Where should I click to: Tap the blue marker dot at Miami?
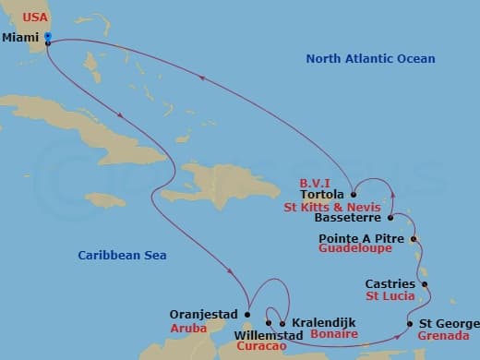[47, 37]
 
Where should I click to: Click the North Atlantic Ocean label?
[370, 59]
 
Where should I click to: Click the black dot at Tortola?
[353, 195]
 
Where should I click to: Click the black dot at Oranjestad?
[246, 314]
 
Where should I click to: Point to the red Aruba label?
[185, 328]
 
